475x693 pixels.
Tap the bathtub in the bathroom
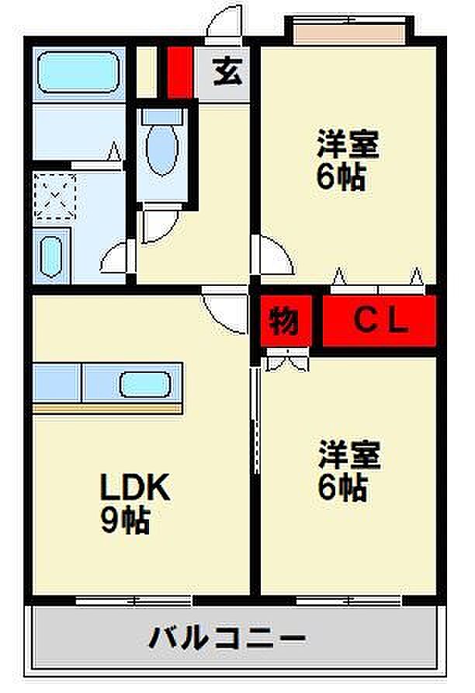pyautogui.click(x=78, y=72)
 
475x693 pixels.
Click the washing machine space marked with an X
pyautogui.click(x=55, y=196)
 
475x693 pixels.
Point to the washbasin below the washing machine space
pyautogui.click(x=51, y=256)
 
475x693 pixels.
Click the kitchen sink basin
pyautogui.click(x=145, y=384)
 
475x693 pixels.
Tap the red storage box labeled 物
pyautogui.click(x=286, y=321)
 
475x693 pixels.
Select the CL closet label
pyautogui.click(x=380, y=321)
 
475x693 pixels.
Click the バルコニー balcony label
pyautogui.click(x=227, y=638)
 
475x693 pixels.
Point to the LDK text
pyautogui.click(x=135, y=486)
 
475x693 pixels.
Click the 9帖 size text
pyautogui.click(x=125, y=521)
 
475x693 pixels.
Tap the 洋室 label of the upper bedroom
pyautogui.click(x=348, y=144)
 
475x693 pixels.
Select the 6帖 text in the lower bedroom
pyautogui.click(x=342, y=486)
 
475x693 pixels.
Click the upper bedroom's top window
pyautogui.click(x=349, y=33)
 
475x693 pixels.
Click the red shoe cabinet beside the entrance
pyautogui.click(x=180, y=72)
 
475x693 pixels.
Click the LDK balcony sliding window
pyautogui.click(x=134, y=601)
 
